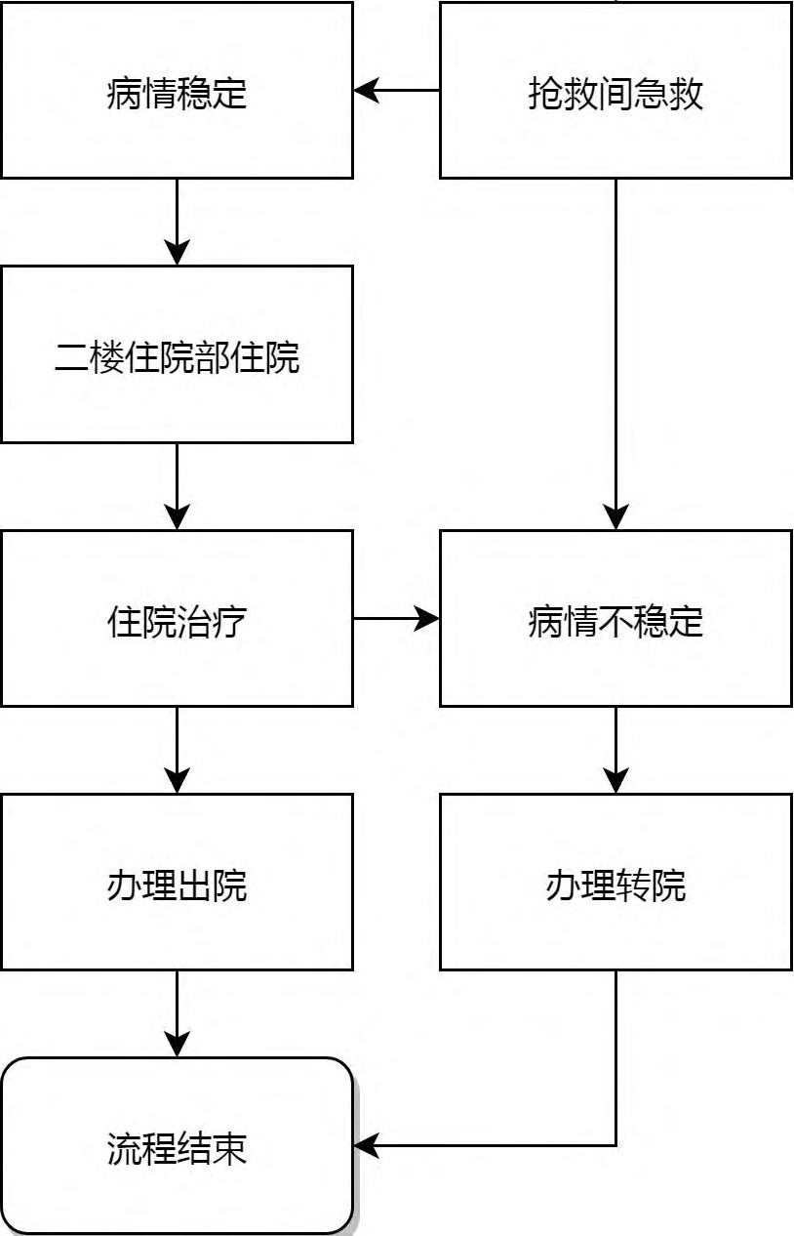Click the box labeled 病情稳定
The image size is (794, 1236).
pos(177,90)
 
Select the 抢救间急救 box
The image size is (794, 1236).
pos(615,90)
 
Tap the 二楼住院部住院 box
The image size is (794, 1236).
pos(177,354)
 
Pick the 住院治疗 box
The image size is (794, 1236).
pos(177,618)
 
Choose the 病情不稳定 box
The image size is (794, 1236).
pos(615,618)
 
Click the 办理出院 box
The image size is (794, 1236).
pos(177,882)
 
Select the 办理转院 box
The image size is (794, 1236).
pos(615,882)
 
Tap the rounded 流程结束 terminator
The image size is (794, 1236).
pos(177,1146)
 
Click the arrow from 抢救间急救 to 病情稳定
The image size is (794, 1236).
pos(396,90)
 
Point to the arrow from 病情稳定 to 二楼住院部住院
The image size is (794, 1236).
pos(177,222)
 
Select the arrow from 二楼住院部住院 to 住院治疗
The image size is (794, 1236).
pos(177,486)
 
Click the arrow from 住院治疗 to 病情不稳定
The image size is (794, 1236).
pos(396,618)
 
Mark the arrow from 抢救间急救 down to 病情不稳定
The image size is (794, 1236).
pos(615,354)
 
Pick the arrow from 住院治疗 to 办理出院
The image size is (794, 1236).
pos(177,750)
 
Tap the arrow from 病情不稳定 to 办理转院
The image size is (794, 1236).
pos(615,750)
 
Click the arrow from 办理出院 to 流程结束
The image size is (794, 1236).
pos(177,1014)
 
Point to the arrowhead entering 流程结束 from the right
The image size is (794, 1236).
pos(366,1145)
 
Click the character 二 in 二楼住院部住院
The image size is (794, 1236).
pos(71,357)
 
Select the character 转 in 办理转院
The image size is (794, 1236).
pos(634,886)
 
